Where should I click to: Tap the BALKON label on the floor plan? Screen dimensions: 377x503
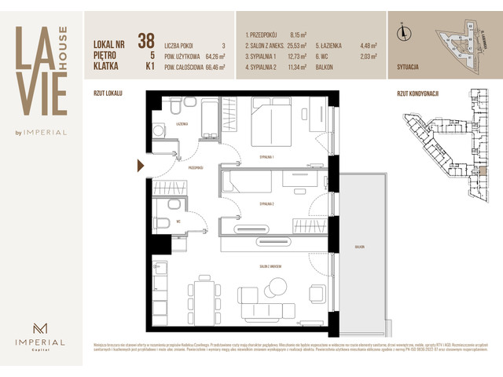(359, 247)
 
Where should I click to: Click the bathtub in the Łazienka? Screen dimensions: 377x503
(211, 117)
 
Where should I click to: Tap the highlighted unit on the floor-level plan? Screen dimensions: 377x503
(481, 171)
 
